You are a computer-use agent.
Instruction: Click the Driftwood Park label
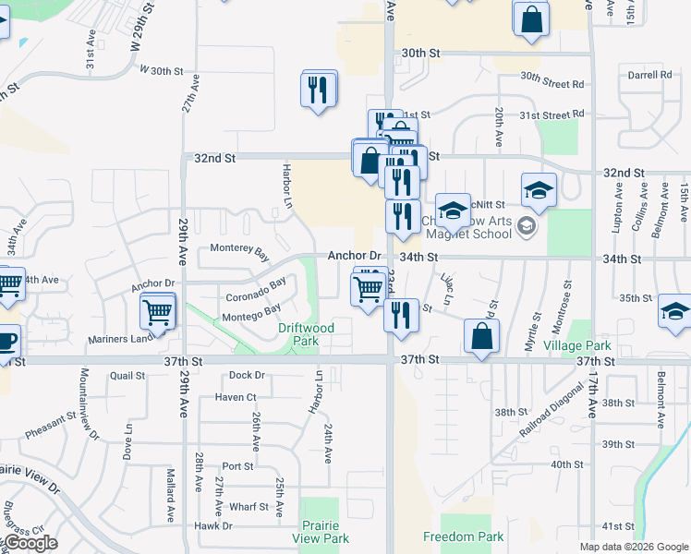pyautogui.click(x=306, y=334)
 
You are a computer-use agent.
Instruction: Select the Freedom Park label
pyautogui.click(x=464, y=536)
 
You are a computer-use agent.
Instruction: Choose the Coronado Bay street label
pyautogui.click(x=256, y=291)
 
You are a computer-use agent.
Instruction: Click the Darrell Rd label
pyautogui.click(x=649, y=75)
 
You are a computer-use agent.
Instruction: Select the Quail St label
pyautogui.click(x=127, y=376)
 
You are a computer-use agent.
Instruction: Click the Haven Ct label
pyautogui.click(x=235, y=397)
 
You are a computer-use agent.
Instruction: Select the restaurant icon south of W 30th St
pyautogui.click(x=319, y=90)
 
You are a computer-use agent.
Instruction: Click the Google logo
pyautogui.click(x=30, y=543)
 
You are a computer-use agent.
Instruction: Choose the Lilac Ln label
pyautogui.click(x=448, y=288)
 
